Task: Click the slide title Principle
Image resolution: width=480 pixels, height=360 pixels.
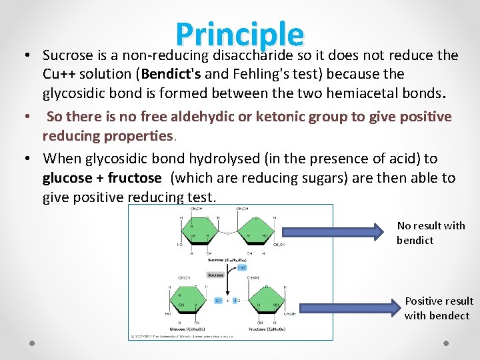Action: coord(239,35)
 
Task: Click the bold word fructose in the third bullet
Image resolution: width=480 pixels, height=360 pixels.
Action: coord(135,178)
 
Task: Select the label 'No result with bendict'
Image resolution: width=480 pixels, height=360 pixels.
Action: coord(431,233)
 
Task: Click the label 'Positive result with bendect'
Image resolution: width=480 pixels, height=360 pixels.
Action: coord(438,308)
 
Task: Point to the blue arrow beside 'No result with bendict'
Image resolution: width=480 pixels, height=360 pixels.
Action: coord(337,233)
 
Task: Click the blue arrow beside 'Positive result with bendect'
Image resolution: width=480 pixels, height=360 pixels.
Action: coord(349,307)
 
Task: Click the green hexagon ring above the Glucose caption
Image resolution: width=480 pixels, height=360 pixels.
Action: coord(187,299)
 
